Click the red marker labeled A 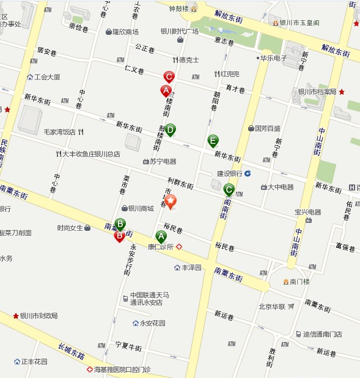click(x=165, y=91)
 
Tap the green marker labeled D click(x=171, y=129)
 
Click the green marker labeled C click(x=229, y=189)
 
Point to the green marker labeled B click(x=120, y=224)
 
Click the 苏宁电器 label click(x=163, y=161)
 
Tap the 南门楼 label click(x=299, y=282)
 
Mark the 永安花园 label click(x=153, y=323)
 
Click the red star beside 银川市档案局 click(x=342, y=92)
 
